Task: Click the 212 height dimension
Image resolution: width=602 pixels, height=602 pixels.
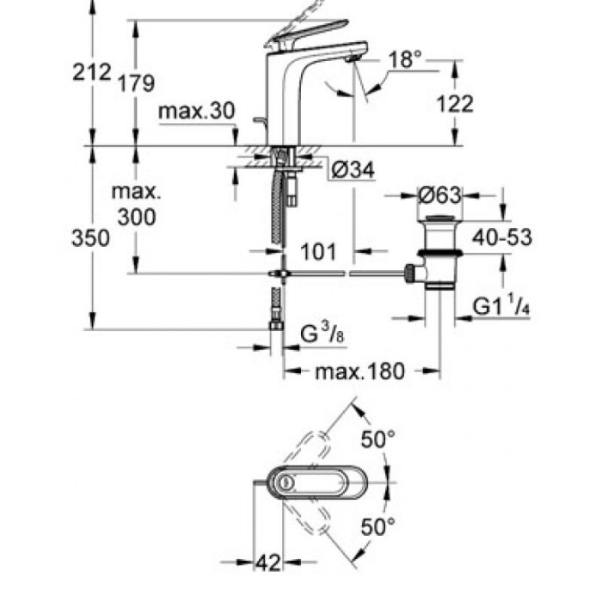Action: tap(91, 72)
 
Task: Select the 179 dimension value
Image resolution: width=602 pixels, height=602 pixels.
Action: tap(137, 83)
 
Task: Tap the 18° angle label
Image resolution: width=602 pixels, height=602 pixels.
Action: tap(405, 60)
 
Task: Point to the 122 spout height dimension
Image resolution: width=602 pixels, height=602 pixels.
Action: tap(456, 104)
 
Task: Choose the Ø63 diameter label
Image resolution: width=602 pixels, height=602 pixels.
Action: tap(439, 194)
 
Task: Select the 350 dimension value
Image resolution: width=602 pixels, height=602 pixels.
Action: tap(91, 238)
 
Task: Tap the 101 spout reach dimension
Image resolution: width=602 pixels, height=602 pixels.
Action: tap(318, 252)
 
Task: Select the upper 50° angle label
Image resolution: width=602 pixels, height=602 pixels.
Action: tap(377, 439)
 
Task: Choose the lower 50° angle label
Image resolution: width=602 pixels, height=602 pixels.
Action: tap(377, 524)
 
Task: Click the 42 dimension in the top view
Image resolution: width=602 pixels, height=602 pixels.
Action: tap(269, 563)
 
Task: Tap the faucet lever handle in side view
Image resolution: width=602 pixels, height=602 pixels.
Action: tap(303, 30)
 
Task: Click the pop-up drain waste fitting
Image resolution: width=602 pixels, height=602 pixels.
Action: tap(439, 254)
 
